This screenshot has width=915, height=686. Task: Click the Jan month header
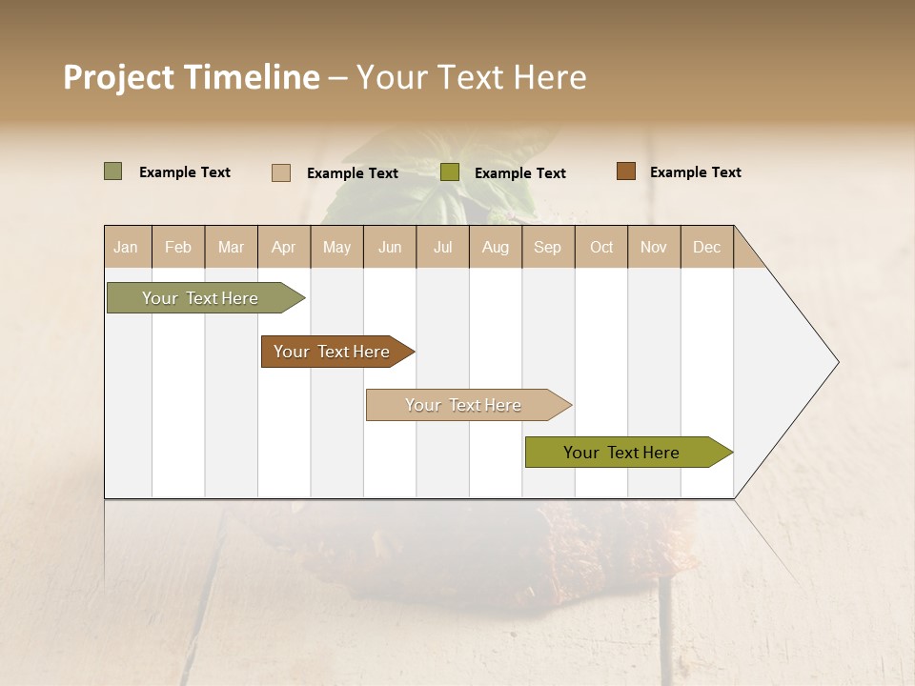tap(126, 247)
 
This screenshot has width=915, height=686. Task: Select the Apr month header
tap(283, 247)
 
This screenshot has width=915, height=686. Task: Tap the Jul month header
tap(442, 247)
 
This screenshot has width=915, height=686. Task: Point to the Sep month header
tap(547, 247)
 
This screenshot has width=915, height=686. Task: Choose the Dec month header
tap(706, 247)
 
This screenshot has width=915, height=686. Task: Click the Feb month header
tap(178, 247)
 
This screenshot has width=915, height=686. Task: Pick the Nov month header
tap(654, 247)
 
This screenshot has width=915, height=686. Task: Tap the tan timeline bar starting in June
tap(464, 405)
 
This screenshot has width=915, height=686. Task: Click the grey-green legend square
tap(112, 171)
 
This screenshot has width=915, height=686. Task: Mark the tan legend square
tap(280, 172)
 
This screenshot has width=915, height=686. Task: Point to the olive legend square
tap(450, 172)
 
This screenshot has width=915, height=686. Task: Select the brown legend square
tap(625, 171)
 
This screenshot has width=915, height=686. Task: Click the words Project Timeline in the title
tap(192, 77)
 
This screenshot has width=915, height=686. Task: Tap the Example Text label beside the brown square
tap(695, 172)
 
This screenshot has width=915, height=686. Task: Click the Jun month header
tap(390, 247)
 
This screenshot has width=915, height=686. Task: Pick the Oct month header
tap(601, 247)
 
